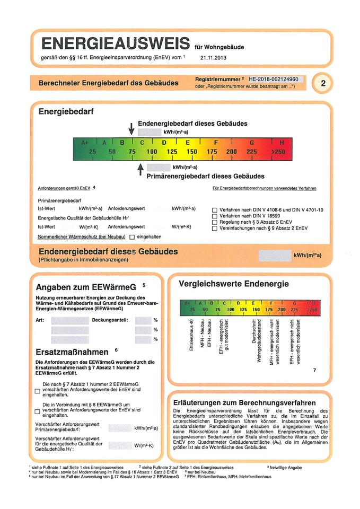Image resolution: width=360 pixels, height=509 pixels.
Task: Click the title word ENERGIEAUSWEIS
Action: (115, 43)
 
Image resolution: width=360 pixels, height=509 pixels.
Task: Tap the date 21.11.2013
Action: (214, 57)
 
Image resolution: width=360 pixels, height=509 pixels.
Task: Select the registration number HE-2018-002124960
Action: (277, 79)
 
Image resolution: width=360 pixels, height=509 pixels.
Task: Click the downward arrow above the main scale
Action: (131, 128)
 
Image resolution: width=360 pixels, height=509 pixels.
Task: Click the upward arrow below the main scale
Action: (140, 169)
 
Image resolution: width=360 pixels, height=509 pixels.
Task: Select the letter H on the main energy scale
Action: (282, 143)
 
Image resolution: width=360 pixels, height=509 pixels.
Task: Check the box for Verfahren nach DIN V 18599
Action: (214, 216)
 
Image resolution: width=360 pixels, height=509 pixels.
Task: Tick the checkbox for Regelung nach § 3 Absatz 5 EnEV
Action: (214, 222)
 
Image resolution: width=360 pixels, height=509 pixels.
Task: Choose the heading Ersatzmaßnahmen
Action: (72, 352)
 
